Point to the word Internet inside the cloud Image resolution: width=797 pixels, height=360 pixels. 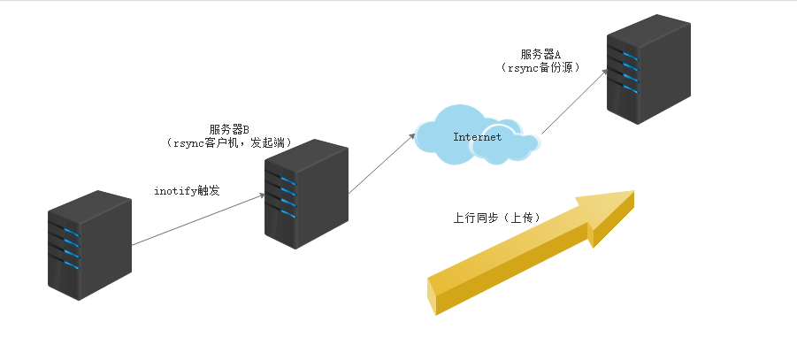(x=477, y=137)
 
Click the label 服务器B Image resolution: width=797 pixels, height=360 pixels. (x=229, y=129)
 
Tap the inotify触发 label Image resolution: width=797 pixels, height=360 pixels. (x=184, y=190)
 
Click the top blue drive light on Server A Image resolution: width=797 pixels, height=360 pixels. (x=629, y=55)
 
